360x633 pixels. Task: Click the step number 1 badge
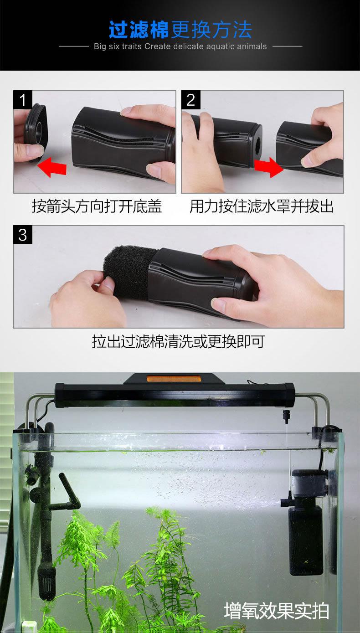click(x=23, y=100)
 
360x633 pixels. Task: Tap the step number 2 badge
click(x=191, y=100)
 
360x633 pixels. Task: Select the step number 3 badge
click(x=23, y=235)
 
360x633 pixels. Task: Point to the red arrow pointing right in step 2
click(x=269, y=167)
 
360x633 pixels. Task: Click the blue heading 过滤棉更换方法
click(x=180, y=29)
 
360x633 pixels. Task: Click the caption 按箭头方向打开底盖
click(x=97, y=206)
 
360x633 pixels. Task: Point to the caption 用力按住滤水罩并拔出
click(x=262, y=206)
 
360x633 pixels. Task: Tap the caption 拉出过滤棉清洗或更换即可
click(x=179, y=341)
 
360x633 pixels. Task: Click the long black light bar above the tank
click(x=175, y=394)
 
